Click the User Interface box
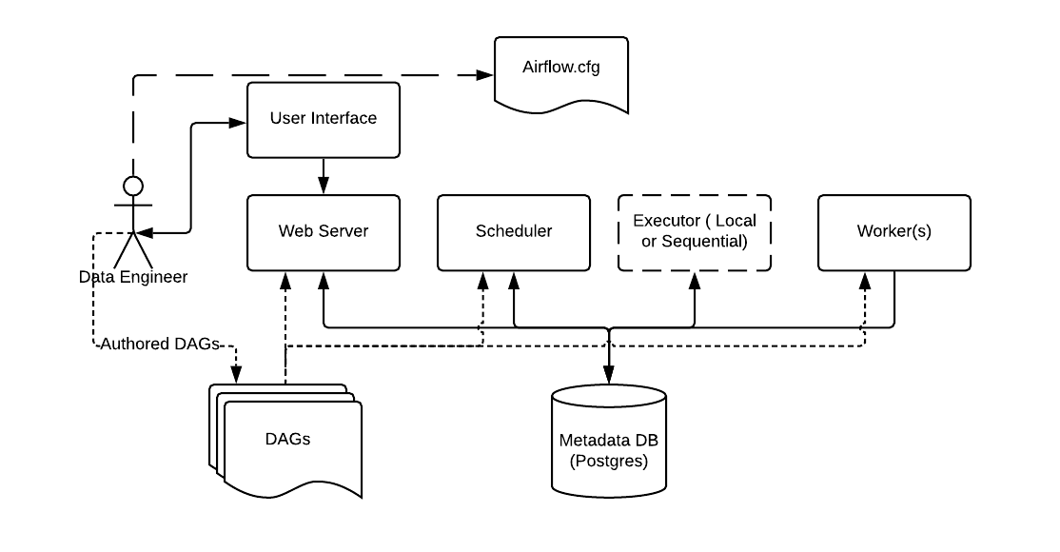[324, 119]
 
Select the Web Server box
[324, 231]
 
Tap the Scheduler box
[514, 231]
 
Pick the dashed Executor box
[695, 231]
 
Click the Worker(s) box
[894, 231]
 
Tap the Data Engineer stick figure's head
[133, 185]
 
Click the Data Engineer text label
[133, 277]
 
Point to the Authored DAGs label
[160, 344]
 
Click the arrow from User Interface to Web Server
[324, 176]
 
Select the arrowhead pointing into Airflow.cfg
[485, 75]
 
